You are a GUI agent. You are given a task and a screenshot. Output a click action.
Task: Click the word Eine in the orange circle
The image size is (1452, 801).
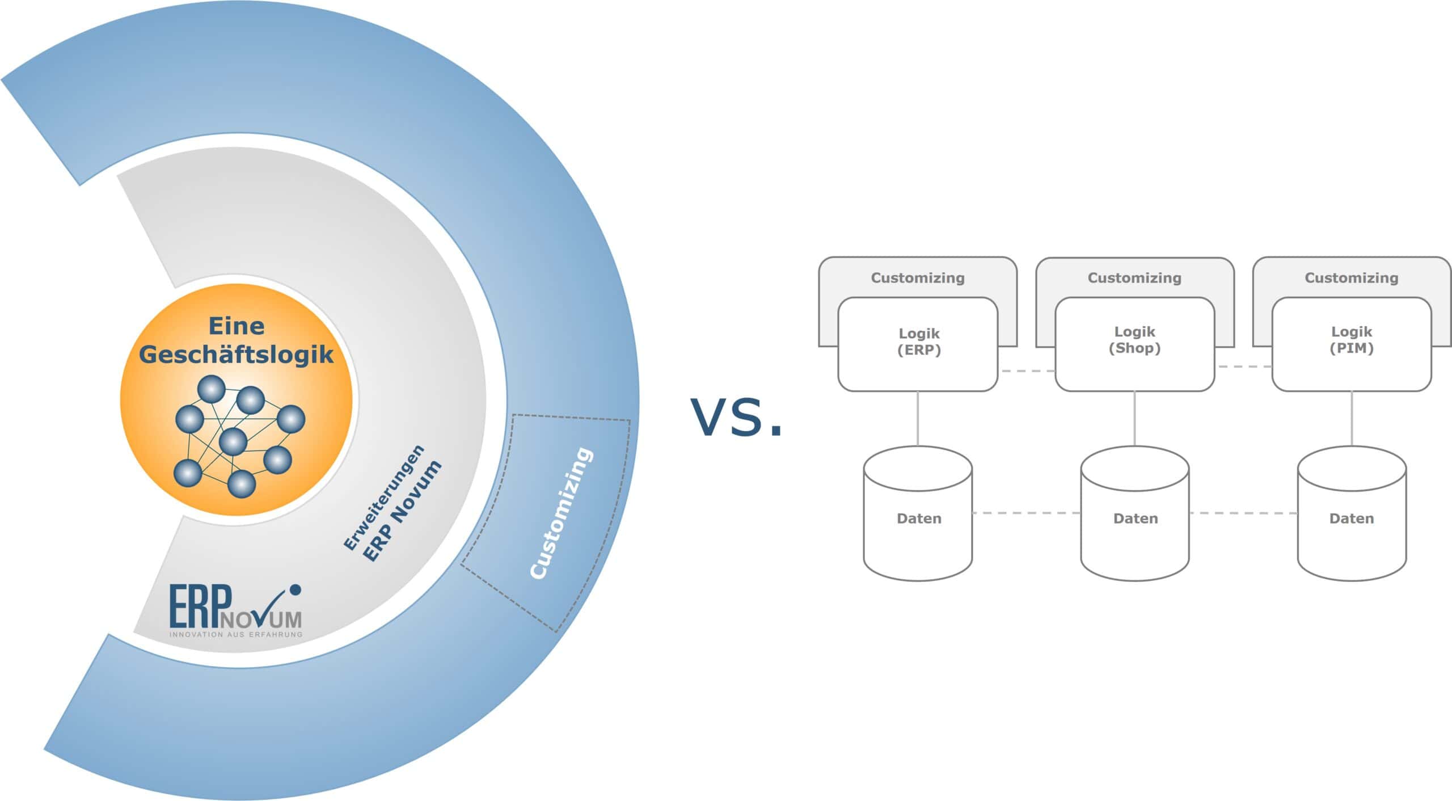236,326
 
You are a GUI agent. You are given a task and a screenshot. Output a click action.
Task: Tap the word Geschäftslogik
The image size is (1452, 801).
236,355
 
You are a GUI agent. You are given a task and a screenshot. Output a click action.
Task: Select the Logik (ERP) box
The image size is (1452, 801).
918,343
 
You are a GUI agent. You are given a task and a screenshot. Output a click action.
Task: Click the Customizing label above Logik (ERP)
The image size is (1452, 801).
917,278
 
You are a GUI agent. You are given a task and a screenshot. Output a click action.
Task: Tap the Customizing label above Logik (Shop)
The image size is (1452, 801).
1134,278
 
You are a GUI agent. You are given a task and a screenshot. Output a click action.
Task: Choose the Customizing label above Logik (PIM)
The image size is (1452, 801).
1351,278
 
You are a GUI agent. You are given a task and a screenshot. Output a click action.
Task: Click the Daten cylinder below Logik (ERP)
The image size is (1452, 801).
918,517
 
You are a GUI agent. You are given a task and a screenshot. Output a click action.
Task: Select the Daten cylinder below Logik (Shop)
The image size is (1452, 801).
1135,517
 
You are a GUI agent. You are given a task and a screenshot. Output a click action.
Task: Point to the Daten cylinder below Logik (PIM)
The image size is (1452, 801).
1352,517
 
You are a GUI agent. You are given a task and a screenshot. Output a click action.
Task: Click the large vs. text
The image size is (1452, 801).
736,417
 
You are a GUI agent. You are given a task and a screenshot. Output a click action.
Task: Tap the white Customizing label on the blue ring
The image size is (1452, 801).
561,513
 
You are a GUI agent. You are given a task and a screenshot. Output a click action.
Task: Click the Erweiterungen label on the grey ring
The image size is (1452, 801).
384,498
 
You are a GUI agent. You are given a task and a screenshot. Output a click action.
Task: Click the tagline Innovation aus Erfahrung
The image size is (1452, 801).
235,634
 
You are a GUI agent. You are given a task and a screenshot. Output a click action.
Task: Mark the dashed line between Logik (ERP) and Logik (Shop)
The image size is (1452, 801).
1027,371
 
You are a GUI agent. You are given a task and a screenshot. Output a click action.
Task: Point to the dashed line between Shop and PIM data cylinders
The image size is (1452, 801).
1243,513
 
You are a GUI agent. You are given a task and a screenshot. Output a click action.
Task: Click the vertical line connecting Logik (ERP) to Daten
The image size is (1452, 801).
918,418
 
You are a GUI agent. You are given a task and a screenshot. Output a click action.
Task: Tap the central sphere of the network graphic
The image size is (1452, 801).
233,441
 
